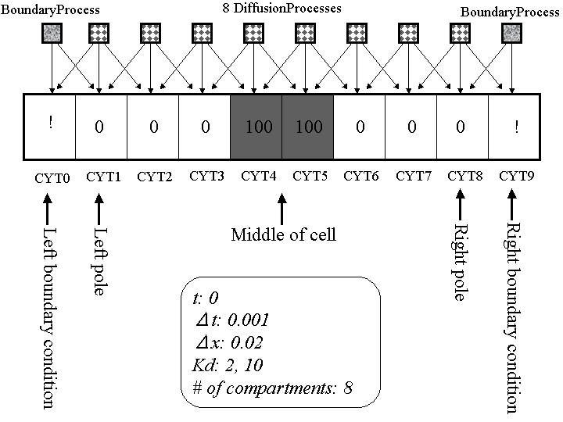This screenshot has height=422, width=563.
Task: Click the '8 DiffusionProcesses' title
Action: click(281, 9)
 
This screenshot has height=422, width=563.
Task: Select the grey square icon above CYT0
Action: click(51, 34)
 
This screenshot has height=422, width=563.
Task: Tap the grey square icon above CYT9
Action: click(512, 34)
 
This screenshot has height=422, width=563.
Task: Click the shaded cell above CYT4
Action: click(256, 127)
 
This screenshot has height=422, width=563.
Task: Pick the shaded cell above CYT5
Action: click(308, 127)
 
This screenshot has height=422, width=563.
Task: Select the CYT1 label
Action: click(103, 177)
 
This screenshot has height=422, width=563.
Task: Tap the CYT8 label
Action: click(464, 177)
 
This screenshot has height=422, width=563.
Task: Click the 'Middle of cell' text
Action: click(283, 234)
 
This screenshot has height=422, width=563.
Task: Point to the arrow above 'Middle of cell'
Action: click(282, 209)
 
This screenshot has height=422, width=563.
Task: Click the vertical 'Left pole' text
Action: click(99, 261)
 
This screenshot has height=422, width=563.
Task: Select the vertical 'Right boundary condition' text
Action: click(513, 316)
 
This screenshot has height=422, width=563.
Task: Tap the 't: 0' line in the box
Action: click(205, 299)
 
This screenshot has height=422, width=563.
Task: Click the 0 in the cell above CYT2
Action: click(153, 127)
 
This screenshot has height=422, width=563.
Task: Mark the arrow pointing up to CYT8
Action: click(460, 209)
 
